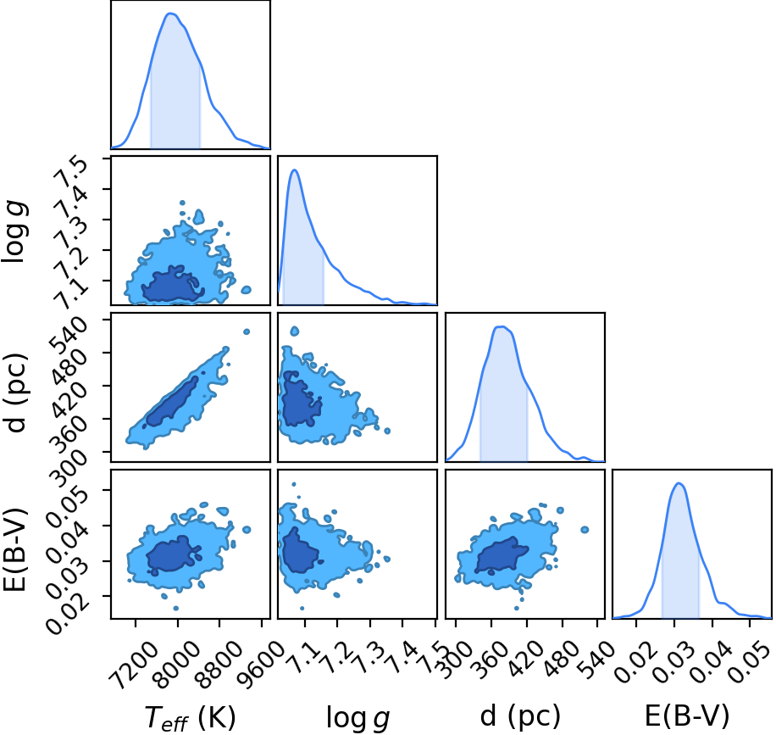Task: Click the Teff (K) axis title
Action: click(x=191, y=716)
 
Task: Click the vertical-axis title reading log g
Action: click(x=14, y=232)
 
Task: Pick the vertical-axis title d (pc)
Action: click(x=16, y=393)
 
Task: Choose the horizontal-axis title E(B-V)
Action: click(x=687, y=716)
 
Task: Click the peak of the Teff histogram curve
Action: click(x=171, y=14)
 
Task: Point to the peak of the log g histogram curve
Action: click(x=295, y=170)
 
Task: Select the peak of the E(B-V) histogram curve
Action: click(x=679, y=483)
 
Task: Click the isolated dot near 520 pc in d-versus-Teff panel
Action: click(x=246, y=331)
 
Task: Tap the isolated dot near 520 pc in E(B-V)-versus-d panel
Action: click(x=585, y=530)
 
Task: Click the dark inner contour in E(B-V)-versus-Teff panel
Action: click(x=171, y=556)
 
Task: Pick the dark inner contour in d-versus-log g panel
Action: click(x=299, y=401)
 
